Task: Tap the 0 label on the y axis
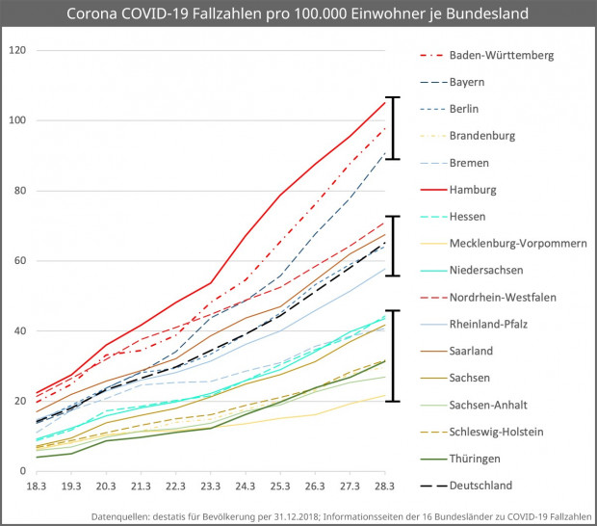click(23, 471)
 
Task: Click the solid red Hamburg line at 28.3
click(385, 101)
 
